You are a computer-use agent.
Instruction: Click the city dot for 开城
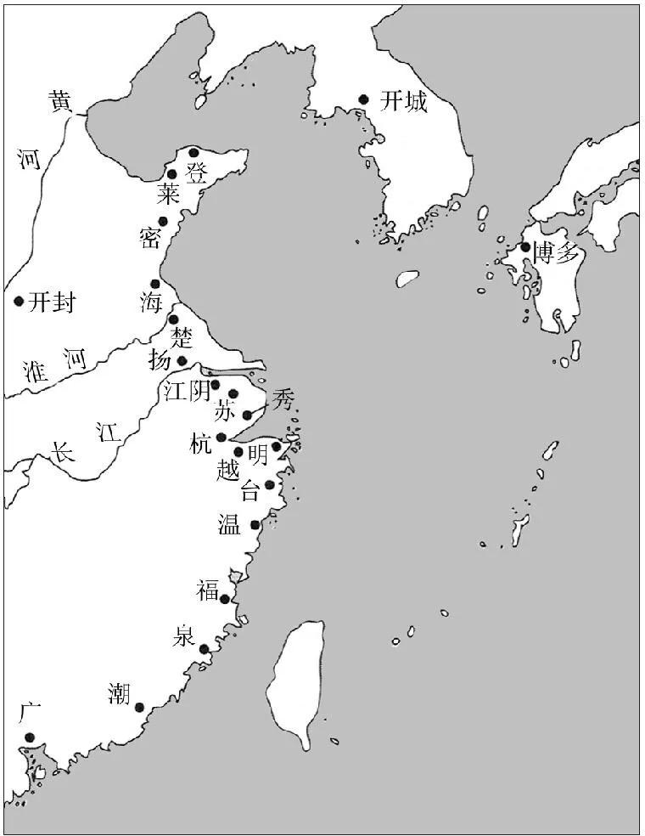click(363, 99)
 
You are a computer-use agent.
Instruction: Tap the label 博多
click(556, 252)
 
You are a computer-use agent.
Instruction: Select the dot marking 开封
click(19, 301)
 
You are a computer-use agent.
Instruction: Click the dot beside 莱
click(172, 174)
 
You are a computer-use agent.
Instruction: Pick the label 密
click(151, 237)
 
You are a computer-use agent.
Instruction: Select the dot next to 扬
click(182, 361)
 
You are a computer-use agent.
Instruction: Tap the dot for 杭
click(222, 438)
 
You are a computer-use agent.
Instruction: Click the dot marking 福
click(225, 599)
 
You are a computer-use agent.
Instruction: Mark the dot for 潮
click(139, 707)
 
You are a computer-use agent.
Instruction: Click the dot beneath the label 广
click(29, 737)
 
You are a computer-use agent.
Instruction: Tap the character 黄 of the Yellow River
click(60, 102)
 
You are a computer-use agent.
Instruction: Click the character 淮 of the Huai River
click(36, 370)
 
